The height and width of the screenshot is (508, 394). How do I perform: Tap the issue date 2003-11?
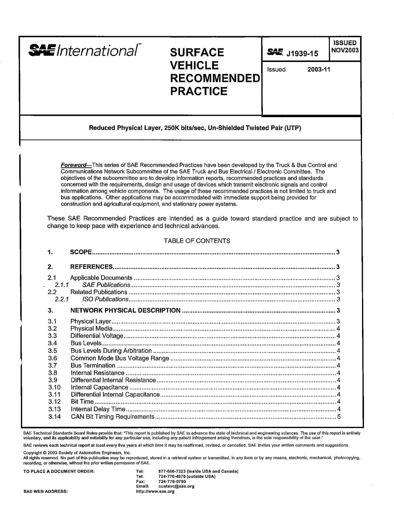[318, 70]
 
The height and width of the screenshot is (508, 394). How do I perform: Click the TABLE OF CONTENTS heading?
[197, 241]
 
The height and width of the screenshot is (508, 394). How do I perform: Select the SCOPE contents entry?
[81, 252]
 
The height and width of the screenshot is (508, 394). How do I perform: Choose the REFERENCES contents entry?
[92, 267]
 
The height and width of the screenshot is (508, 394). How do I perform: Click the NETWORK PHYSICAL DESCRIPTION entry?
[126, 310]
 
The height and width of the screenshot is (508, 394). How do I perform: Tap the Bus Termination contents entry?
[93, 365]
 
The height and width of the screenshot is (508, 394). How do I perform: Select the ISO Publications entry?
[105, 299]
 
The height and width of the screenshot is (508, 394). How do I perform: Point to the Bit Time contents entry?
[82, 402]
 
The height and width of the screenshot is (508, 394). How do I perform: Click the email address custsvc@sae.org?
[176, 486]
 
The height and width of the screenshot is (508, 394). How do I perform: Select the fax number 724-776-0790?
[172, 481]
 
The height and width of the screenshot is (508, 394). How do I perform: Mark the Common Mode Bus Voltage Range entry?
[120, 358]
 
